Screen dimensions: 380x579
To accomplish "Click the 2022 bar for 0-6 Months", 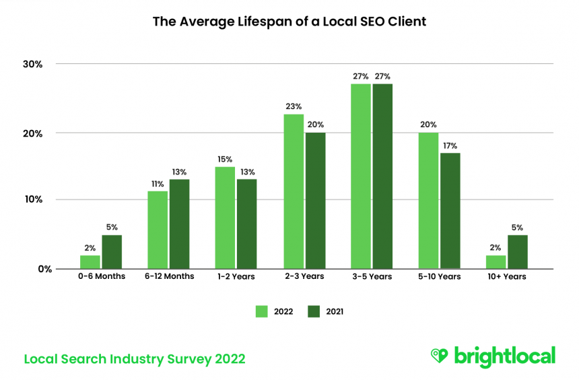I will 90,262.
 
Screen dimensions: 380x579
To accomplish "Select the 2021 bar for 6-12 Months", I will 180,224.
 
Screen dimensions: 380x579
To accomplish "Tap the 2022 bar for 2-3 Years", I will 293,191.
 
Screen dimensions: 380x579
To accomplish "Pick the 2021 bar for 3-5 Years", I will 382,176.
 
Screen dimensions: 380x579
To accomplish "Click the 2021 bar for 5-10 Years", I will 450,210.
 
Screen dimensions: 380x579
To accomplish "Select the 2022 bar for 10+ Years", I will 496,262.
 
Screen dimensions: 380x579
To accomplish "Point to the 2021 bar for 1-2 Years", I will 246,224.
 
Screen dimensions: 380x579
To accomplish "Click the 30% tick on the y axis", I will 32,65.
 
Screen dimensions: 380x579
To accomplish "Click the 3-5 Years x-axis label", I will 371,276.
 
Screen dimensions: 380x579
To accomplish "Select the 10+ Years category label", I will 506,276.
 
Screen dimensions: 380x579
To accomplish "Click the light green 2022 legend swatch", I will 262,311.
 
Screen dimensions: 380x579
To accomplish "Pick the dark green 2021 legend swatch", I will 314,311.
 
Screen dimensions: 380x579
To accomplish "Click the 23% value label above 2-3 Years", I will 294,106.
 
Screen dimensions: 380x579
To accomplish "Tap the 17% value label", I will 450,145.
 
